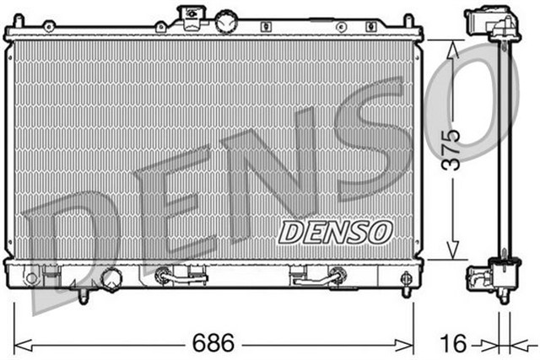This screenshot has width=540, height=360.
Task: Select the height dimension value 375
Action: tap(453, 149)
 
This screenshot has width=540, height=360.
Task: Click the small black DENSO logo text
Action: tap(335, 230)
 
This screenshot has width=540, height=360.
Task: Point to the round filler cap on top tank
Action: tap(225, 22)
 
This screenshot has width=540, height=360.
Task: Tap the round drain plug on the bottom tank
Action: tap(111, 277)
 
